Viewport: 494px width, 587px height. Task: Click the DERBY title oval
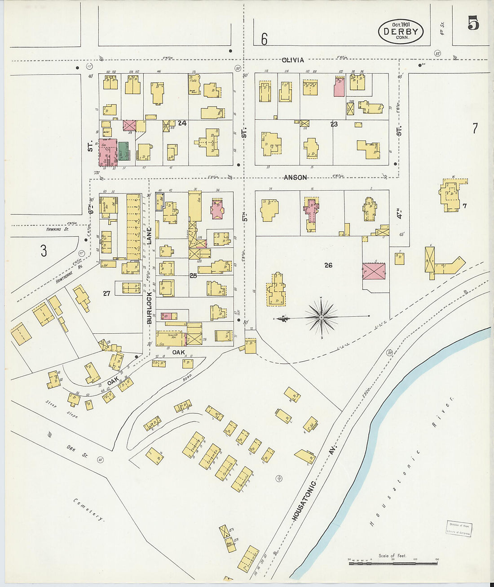(401, 31)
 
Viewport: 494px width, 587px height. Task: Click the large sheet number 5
(473, 23)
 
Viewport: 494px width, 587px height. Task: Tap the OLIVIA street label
(293, 60)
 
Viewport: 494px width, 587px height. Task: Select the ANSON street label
(295, 178)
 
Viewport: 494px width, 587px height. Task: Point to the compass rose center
(322, 318)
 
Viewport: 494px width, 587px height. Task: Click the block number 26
(328, 265)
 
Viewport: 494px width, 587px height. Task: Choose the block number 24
(182, 123)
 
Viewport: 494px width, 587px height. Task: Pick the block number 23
(334, 124)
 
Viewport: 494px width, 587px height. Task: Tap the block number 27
(106, 293)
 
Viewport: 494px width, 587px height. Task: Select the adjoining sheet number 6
(264, 40)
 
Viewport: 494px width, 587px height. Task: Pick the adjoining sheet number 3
(43, 251)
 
